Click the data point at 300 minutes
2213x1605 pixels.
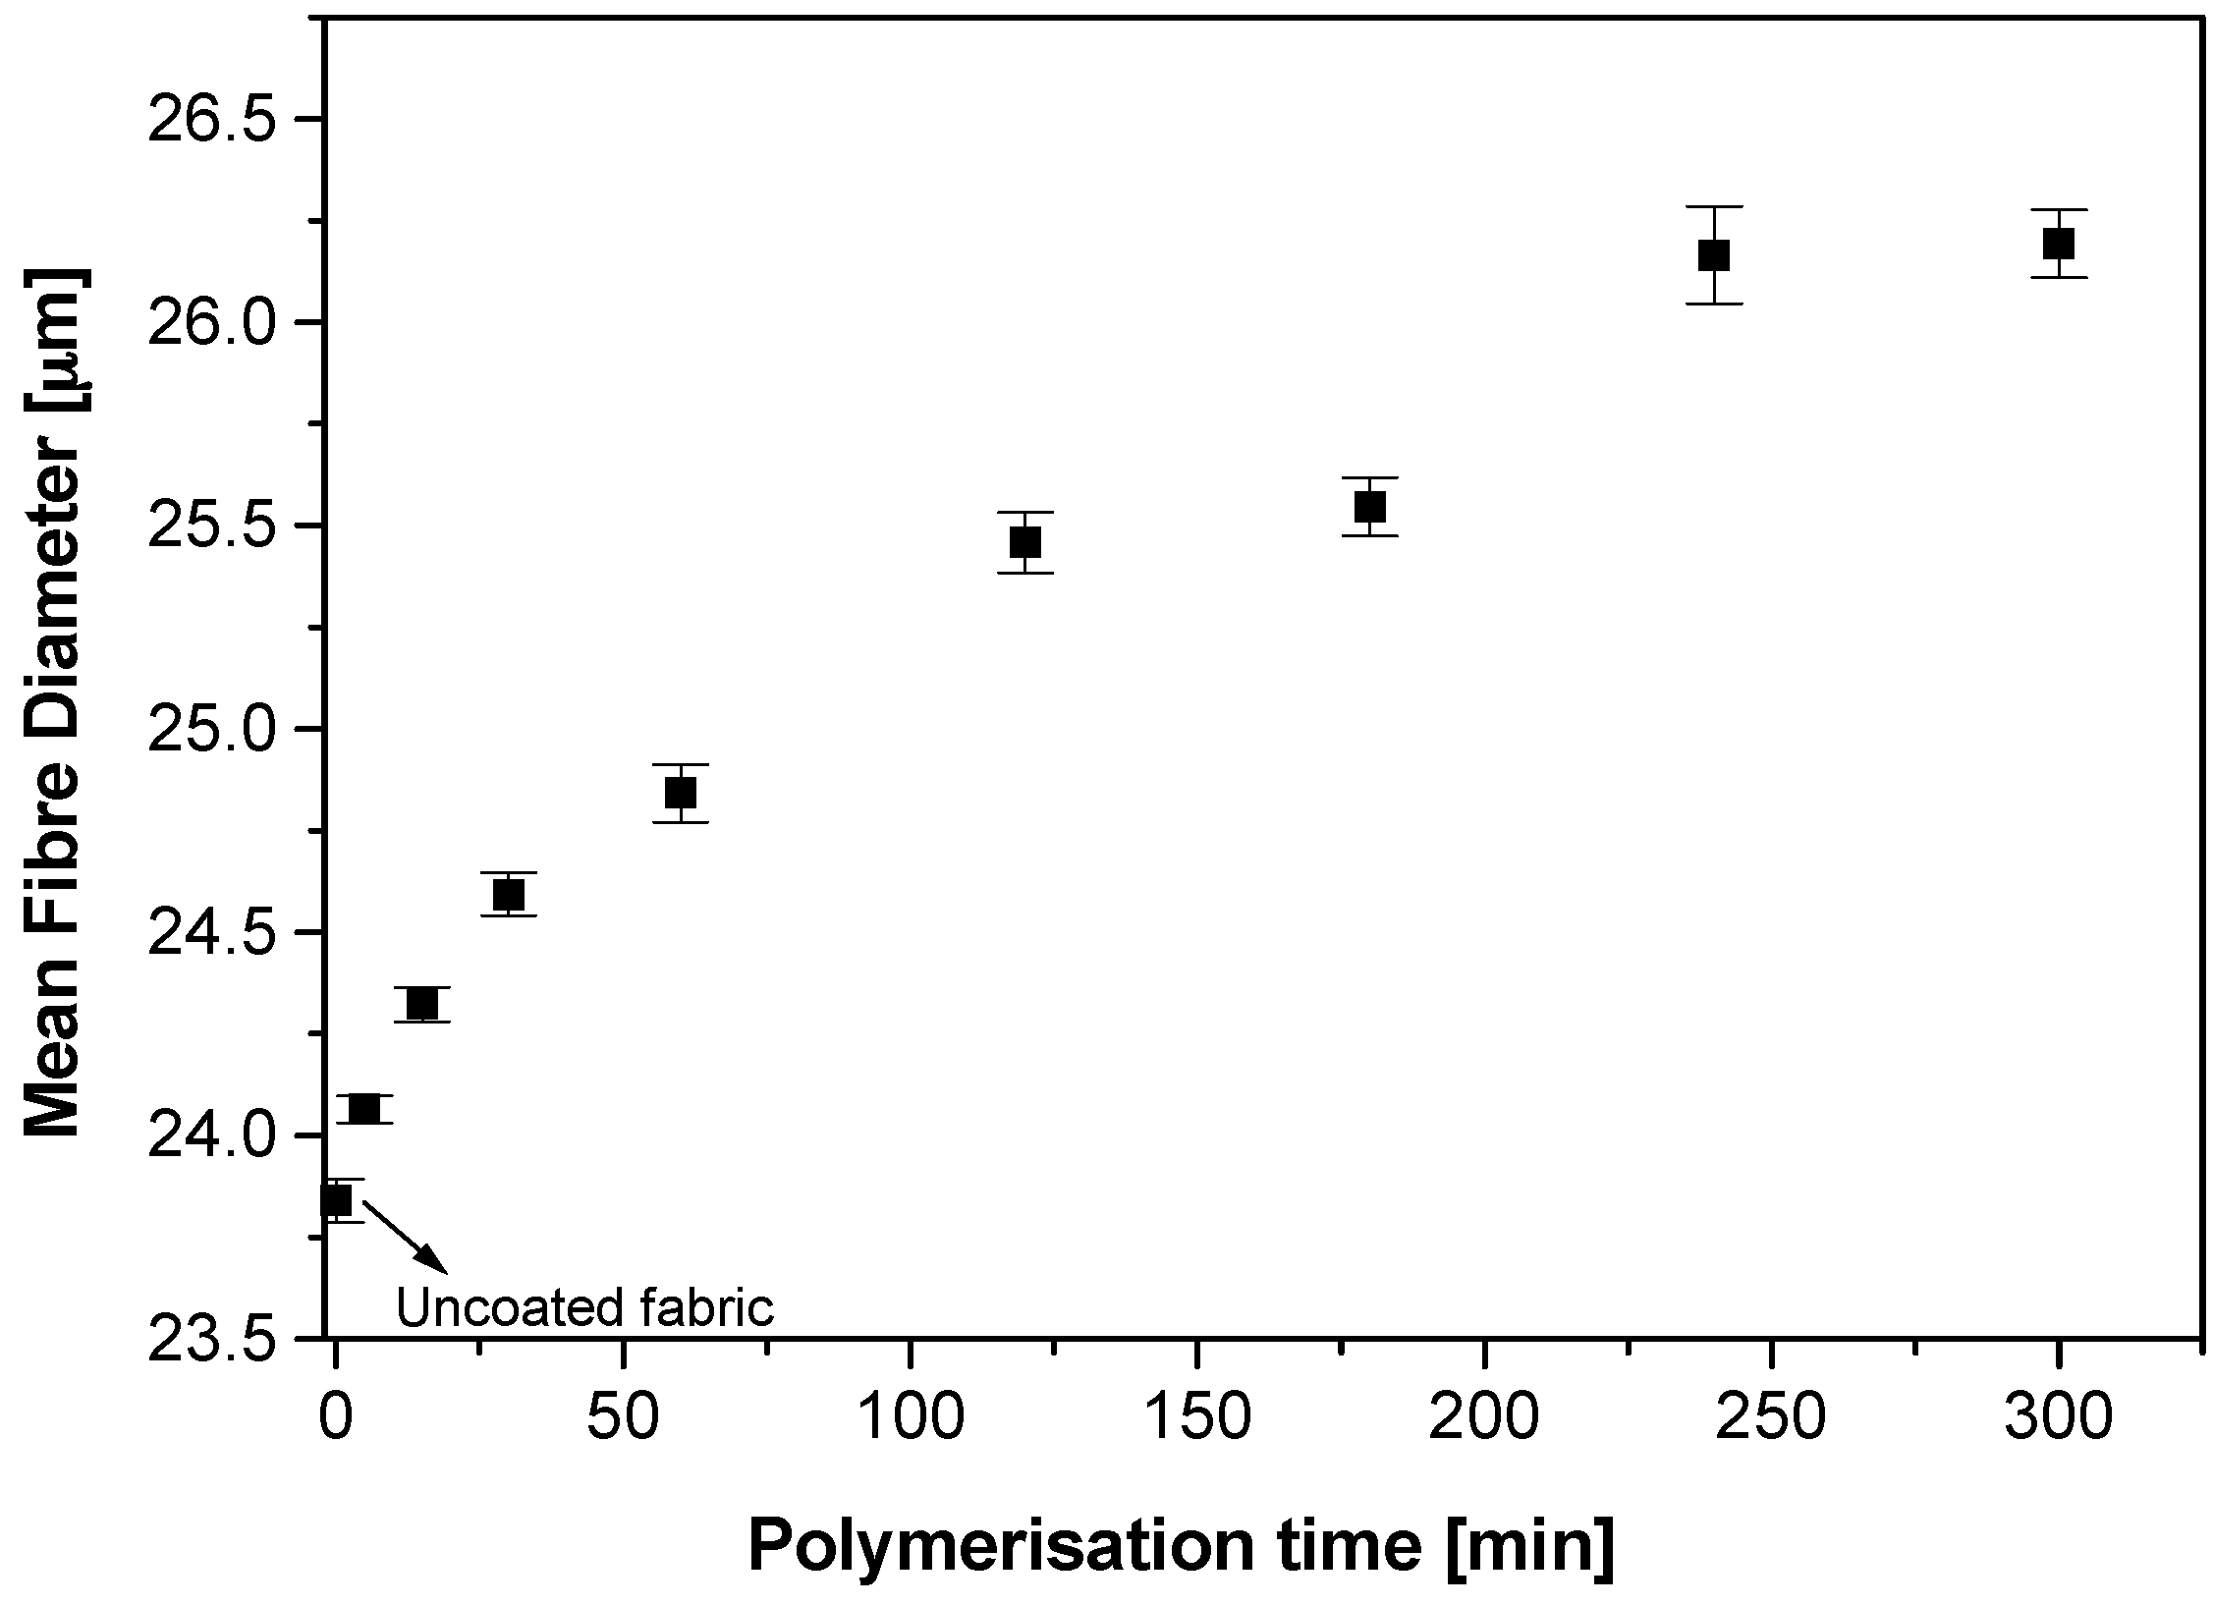click(2058, 243)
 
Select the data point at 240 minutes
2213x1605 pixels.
click(1713, 255)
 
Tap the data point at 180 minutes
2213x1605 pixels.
click(1369, 507)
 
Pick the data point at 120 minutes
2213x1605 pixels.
click(1024, 542)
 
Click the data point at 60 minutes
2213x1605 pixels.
click(681, 792)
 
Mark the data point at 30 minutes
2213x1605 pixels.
click(509, 895)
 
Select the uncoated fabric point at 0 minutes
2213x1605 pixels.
click(337, 1200)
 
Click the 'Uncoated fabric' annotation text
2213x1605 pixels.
click(585, 1308)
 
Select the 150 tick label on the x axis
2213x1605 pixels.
click(1196, 1420)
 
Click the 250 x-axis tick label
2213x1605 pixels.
click(1770, 1420)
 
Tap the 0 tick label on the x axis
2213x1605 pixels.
click(336, 1420)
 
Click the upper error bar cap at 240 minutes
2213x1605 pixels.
click(1713, 207)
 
